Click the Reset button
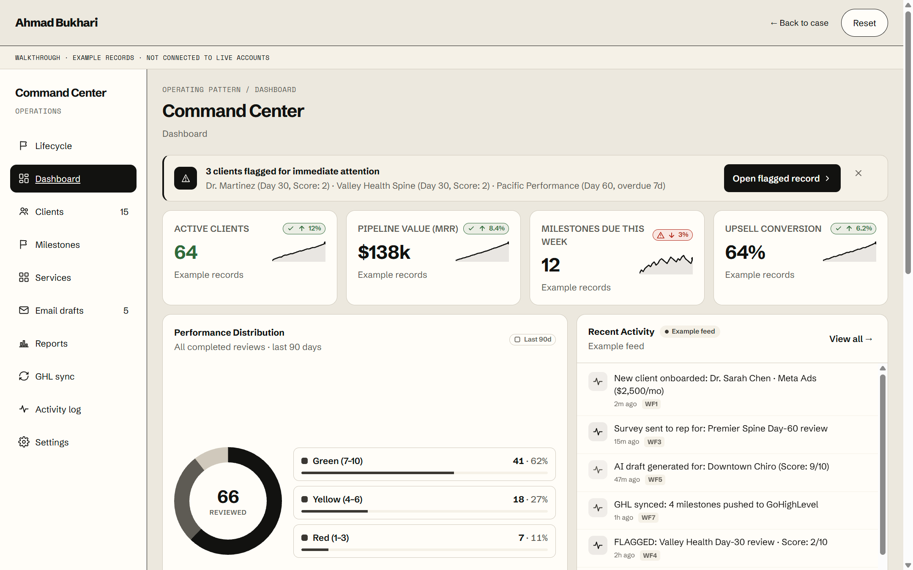click(x=864, y=23)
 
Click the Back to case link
click(x=799, y=23)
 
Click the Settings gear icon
click(x=24, y=442)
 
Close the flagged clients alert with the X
click(x=858, y=173)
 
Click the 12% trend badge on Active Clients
click(x=304, y=228)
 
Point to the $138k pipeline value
click(x=384, y=252)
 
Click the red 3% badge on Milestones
click(x=672, y=235)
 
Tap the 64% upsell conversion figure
click(x=745, y=252)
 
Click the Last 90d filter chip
click(x=532, y=339)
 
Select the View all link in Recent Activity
click(x=850, y=339)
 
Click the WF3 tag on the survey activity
click(x=654, y=442)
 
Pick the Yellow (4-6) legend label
click(x=337, y=499)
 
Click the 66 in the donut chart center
click(x=228, y=497)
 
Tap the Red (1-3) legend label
click(x=331, y=537)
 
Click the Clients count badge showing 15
click(x=124, y=212)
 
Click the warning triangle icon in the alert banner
click(x=186, y=178)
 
